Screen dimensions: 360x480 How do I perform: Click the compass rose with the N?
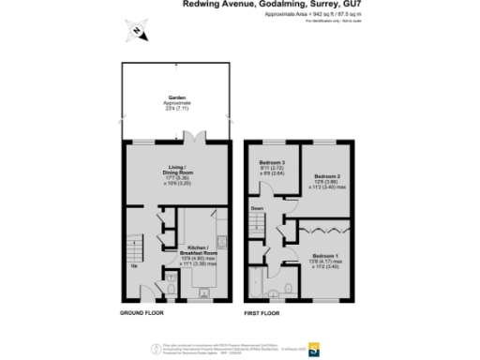(137, 33)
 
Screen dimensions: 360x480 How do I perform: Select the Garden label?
(173, 98)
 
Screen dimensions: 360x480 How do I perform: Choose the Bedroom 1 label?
(325, 256)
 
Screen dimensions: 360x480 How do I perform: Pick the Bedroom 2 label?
(327, 176)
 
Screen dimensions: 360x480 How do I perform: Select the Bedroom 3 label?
(272, 163)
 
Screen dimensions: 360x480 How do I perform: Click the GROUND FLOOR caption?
(142, 311)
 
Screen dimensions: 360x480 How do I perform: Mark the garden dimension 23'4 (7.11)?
(173, 108)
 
